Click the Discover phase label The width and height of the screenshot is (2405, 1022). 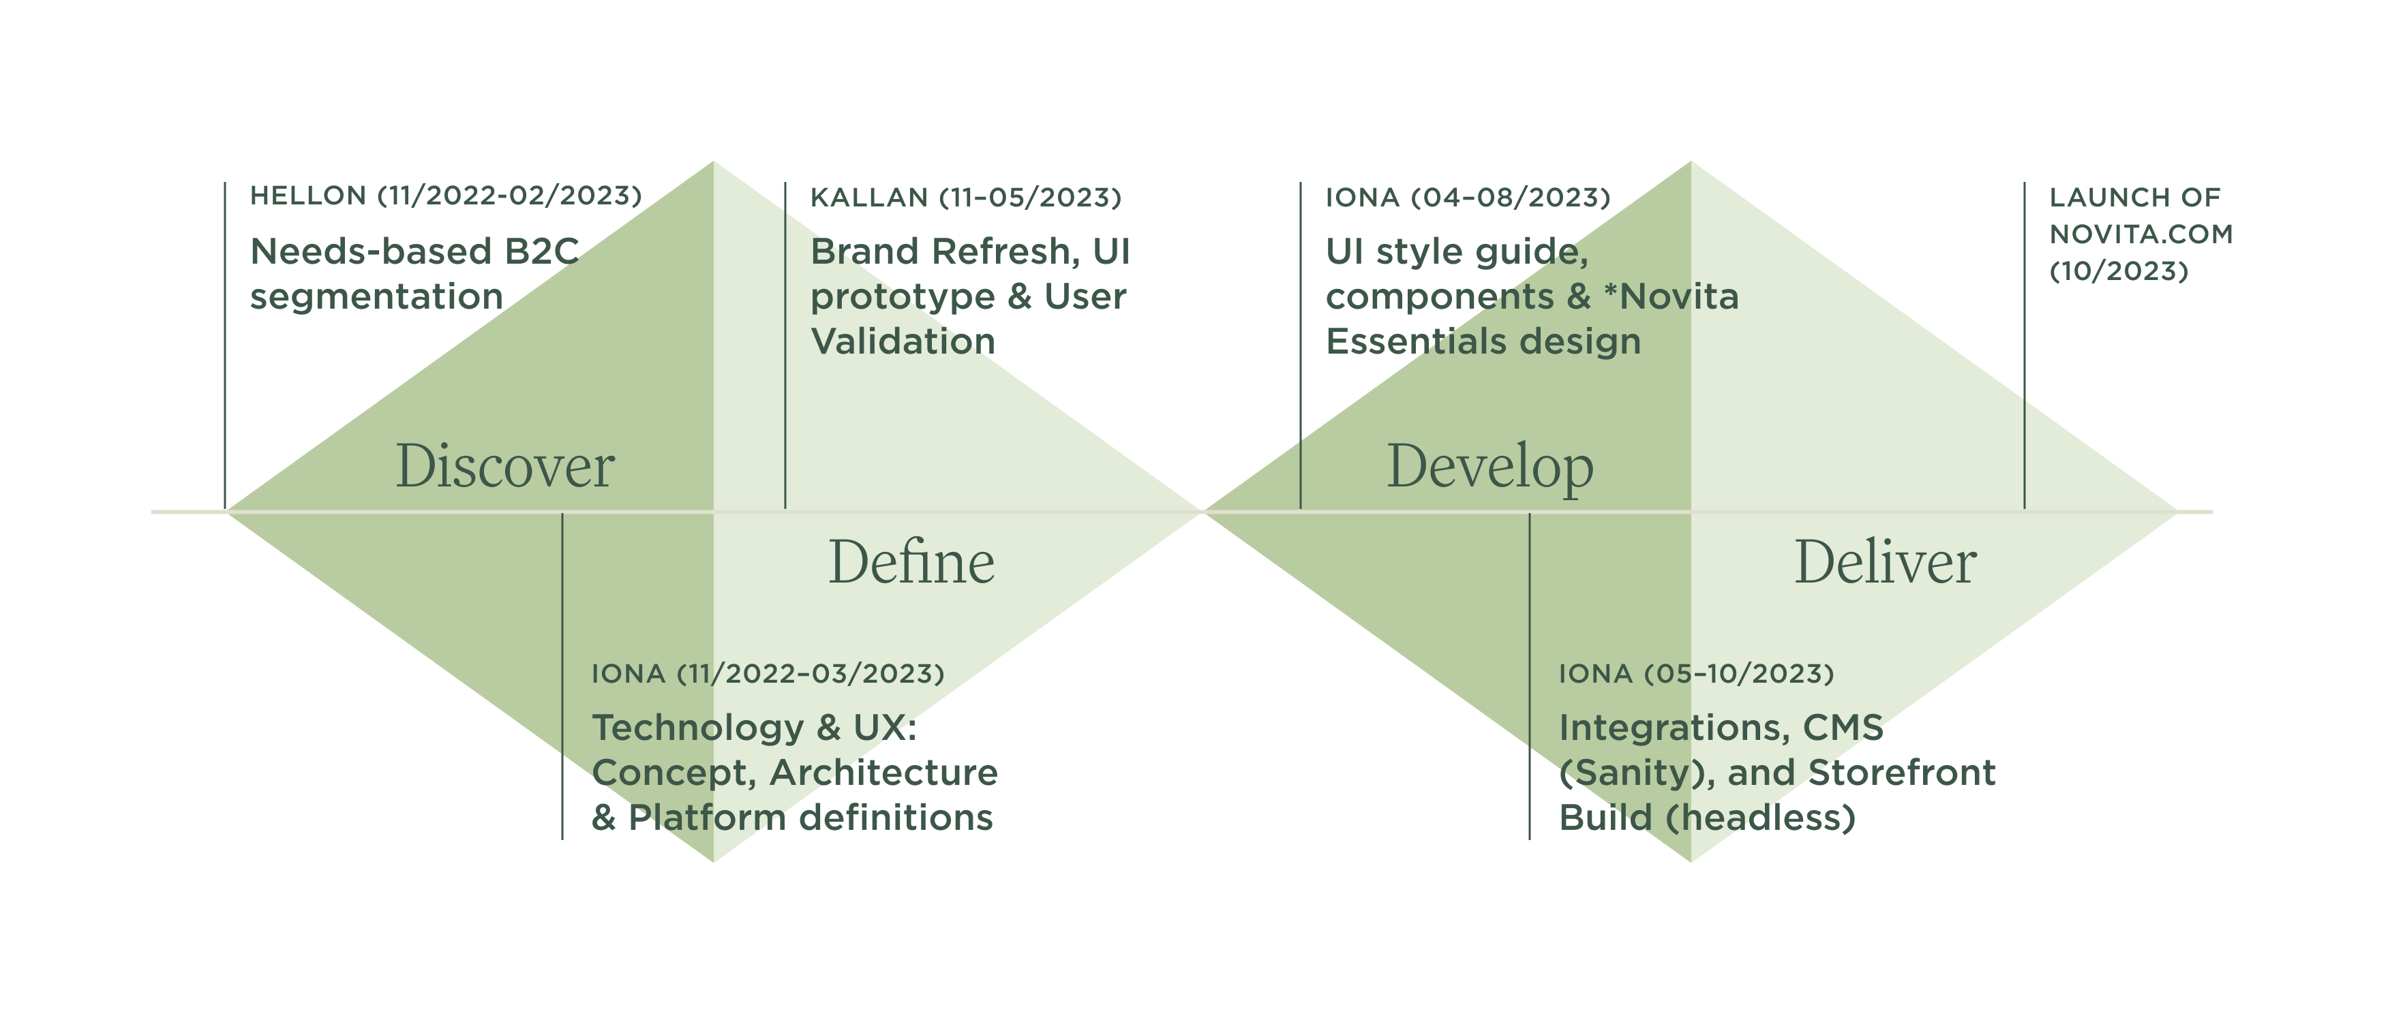click(x=505, y=466)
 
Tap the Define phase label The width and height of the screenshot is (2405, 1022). click(x=911, y=563)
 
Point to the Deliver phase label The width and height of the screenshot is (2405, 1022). click(x=1885, y=563)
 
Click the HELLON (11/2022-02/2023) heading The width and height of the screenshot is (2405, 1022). click(x=445, y=196)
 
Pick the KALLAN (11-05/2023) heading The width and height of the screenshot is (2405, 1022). click(x=965, y=198)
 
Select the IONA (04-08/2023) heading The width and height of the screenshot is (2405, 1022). click(x=1468, y=198)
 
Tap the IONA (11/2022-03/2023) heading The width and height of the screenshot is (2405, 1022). click(x=768, y=674)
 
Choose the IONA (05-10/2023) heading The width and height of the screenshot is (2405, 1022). click(x=1695, y=674)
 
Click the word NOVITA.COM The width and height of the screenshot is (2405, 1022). click(x=2141, y=234)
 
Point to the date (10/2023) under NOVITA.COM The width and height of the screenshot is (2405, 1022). click(x=2119, y=272)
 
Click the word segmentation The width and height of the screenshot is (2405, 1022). click(x=376, y=297)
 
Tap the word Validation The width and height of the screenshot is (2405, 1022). click(x=903, y=341)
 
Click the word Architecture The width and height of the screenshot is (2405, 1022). click(x=883, y=773)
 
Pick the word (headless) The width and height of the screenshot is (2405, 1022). click(x=1760, y=818)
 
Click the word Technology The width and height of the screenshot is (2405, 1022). click(x=697, y=728)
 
